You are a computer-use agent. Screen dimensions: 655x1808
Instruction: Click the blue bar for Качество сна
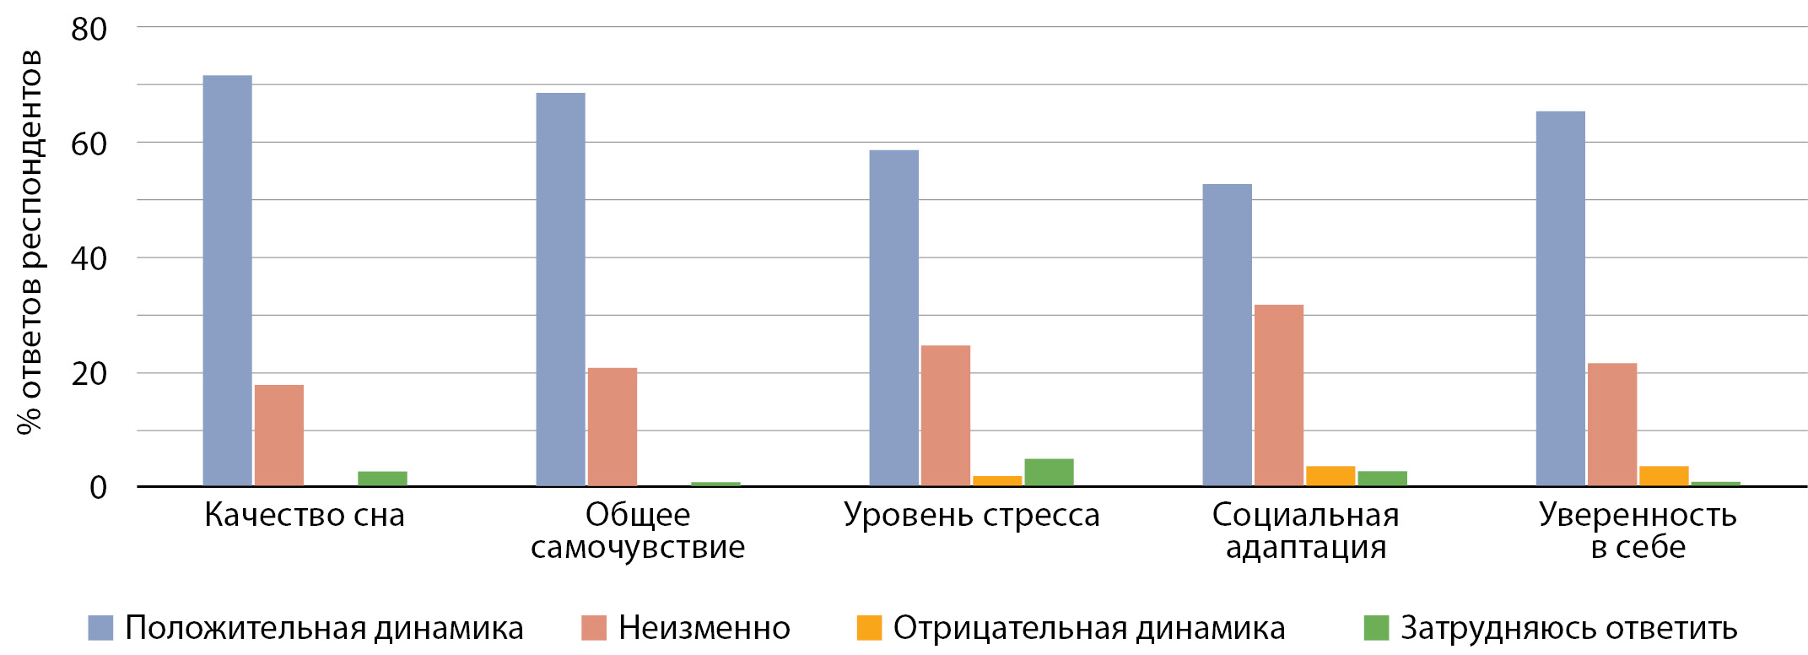point(227,280)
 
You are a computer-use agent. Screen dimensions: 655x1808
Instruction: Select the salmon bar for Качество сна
point(279,436)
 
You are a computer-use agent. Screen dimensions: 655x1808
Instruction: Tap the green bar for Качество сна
point(382,479)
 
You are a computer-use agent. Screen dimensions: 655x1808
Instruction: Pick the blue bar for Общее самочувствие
point(560,289)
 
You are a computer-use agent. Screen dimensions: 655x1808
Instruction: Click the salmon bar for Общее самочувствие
point(613,427)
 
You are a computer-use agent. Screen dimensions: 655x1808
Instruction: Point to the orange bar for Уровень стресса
point(997,481)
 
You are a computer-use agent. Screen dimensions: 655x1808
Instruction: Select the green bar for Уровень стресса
point(1049,473)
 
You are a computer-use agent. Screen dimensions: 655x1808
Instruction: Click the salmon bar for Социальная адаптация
point(1278,395)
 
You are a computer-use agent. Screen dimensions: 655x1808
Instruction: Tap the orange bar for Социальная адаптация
point(1330,476)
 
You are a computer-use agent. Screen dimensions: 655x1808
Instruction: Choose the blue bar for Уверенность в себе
point(1560,299)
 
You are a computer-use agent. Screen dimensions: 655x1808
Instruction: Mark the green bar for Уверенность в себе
point(1715,484)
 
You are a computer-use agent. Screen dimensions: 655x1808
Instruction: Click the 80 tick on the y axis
point(89,30)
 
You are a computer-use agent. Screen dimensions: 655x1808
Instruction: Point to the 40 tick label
point(89,258)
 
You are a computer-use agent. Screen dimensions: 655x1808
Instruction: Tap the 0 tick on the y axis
point(99,488)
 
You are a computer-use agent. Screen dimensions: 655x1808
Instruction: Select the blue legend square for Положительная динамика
point(100,628)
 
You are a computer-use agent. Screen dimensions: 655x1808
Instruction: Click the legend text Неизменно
point(704,628)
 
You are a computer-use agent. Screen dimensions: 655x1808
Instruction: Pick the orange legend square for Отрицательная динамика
point(869,628)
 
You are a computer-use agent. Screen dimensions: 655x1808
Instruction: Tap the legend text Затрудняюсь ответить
point(1568,628)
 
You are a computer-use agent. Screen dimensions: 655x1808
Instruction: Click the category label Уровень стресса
point(972,515)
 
